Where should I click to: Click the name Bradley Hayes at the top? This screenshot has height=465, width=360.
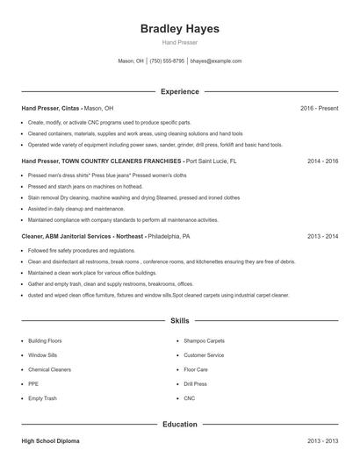point(180,29)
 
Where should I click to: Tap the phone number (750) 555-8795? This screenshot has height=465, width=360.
point(167,61)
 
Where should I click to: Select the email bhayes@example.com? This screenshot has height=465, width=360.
point(216,61)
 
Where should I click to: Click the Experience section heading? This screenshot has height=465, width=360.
point(180,91)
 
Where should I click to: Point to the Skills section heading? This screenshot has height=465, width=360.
point(180,321)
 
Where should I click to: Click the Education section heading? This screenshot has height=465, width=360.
point(180,424)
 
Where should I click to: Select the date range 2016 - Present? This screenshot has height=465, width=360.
point(319,108)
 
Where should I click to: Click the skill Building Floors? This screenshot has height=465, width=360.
point(45,340)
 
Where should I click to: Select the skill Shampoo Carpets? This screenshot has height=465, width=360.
point(204,340)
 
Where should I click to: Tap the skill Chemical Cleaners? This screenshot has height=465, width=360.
point(49,369)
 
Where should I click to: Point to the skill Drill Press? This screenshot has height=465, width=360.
point(195,383)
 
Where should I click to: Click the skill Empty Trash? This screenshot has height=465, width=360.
point(42,398)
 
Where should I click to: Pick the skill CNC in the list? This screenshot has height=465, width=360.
point(189,398)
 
